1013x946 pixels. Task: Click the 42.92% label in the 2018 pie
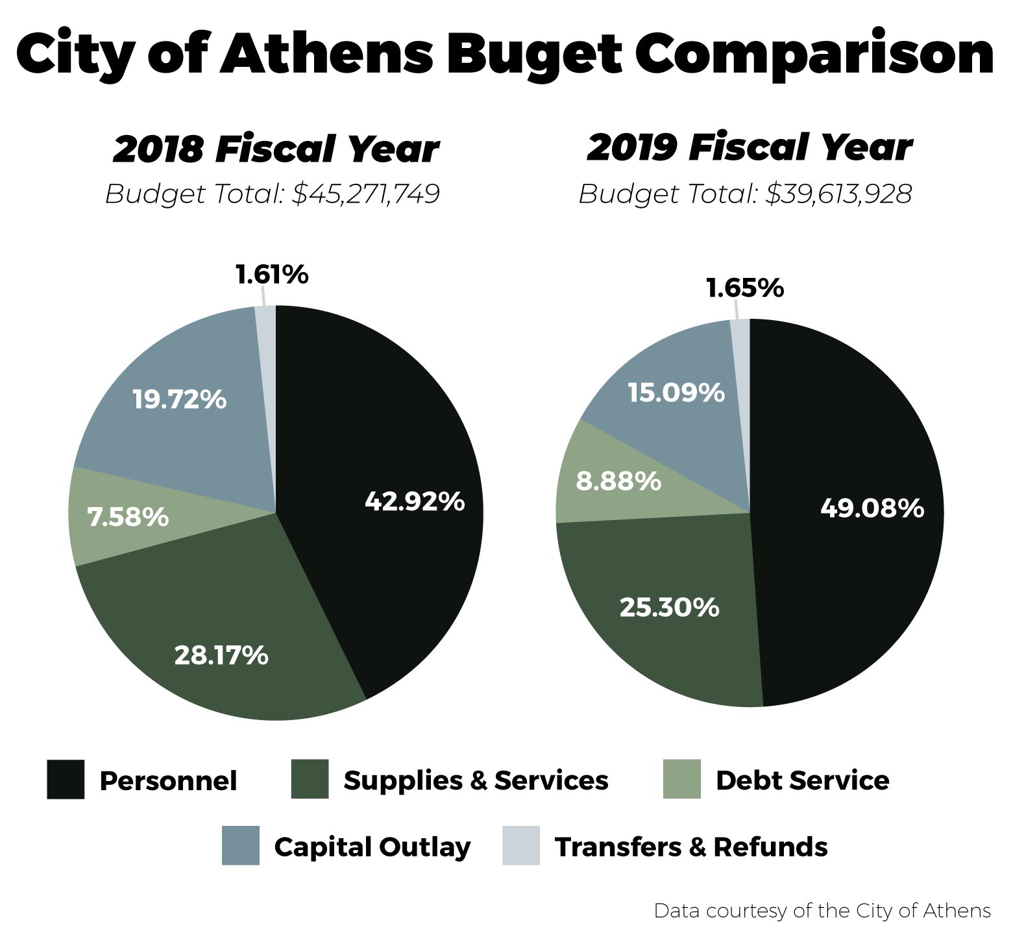click(x=414, y=501)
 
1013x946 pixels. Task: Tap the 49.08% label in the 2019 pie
click(x=872, y=508)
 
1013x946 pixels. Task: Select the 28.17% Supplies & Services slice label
click(x=221, y=655)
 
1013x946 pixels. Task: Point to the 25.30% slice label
click(x=669, y=607)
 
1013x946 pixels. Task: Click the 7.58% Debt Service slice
click(x=128, y=517)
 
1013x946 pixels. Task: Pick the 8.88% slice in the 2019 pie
click(x=618, y=481)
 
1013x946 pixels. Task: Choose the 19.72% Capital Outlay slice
click(x=179, y=399)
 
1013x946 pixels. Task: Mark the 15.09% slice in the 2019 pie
click(x=676, y=392)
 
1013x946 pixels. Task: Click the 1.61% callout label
click(x=271, y=275)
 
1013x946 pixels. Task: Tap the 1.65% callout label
click(x=745, y=288)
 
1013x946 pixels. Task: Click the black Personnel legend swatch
click(x=66, y=779)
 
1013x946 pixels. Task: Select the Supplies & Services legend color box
click(x=310, y=779)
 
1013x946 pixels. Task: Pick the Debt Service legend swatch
click(x=681, y=779)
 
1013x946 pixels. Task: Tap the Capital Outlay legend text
click(x=372, y=847)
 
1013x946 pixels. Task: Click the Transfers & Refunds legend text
click(x=690, y=847)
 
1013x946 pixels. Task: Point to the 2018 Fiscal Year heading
click(x=275, y=149)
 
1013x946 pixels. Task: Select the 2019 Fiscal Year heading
click(x=749, y=148)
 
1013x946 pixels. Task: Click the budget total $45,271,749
click(x=366, y=193)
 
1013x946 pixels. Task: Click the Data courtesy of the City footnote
click(x=822, y=911)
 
